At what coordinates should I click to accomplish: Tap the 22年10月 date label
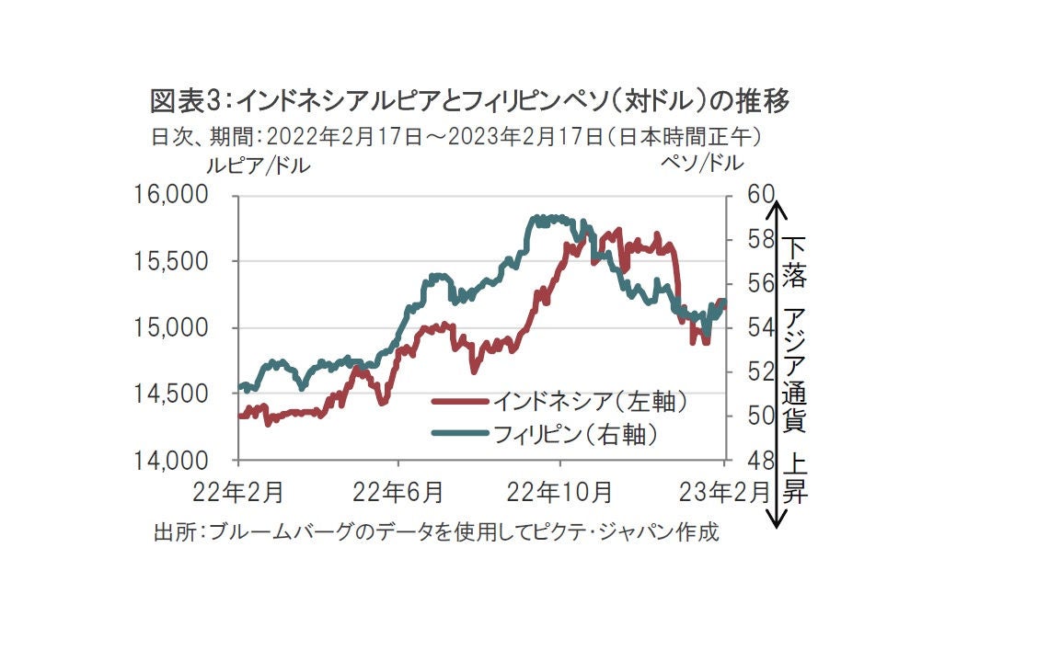(560, 493)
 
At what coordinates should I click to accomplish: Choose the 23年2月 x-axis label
(723, 493)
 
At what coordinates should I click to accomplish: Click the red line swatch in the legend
(459, 402)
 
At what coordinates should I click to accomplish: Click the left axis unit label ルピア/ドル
(258, 165)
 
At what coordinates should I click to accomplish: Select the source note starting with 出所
(435, 532)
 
